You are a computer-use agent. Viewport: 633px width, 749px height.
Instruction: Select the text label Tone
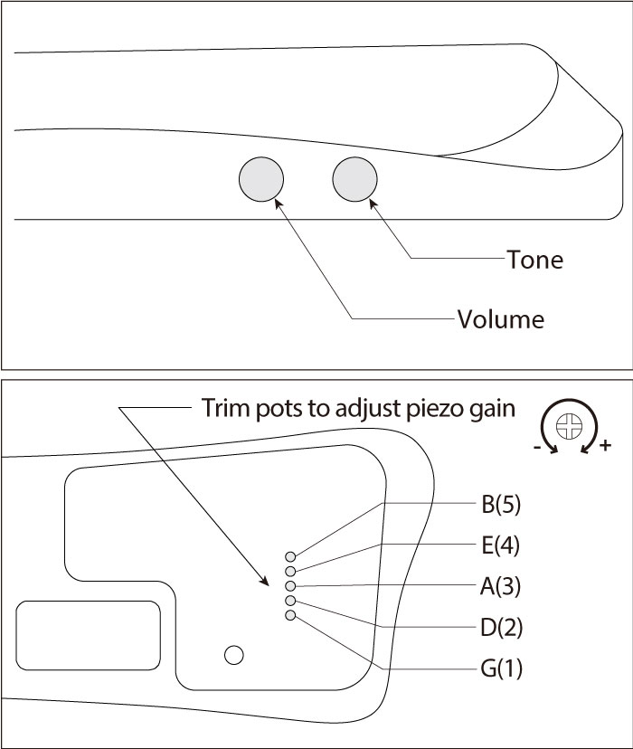(x=534, y=260)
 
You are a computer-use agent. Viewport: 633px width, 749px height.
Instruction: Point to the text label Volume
(x=500, y=319)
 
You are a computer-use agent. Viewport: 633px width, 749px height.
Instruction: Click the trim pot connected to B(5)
(x=290, y=556)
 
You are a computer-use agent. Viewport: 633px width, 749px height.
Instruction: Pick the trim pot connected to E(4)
(x=290, y=571)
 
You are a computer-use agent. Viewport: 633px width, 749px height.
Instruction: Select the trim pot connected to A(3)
(x=290, y=586)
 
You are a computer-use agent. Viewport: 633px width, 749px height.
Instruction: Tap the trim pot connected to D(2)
(x=290, y=601)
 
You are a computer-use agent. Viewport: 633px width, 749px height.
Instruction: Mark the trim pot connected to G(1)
(x=290, y=615)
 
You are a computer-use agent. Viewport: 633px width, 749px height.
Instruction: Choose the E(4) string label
(x=500, y=545)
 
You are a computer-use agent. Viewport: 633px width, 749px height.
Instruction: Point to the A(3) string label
(x=500, y=586)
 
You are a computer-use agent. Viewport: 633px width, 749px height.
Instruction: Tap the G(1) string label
(x=500, y=669)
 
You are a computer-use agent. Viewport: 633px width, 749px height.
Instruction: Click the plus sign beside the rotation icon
(x=605, y=446)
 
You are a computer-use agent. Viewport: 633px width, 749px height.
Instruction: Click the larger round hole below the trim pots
(x=233, y=655)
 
